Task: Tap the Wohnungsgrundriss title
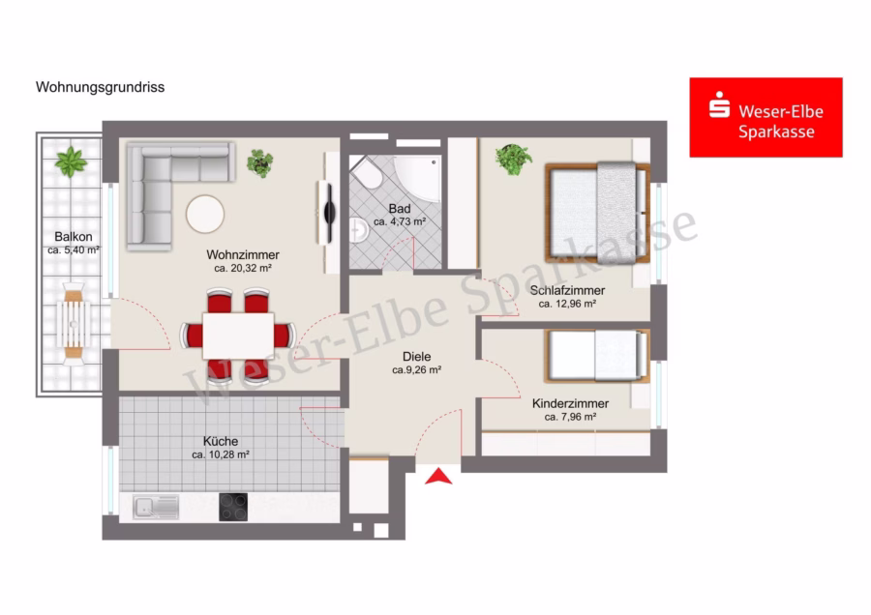[x=100, y=87]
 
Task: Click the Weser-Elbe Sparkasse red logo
[x=766, y=117]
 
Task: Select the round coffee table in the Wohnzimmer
[x=205, y=214]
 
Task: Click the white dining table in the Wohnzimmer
[x=238, y=336]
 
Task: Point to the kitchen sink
[x=156, y=507]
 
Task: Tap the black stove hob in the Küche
[x=233, y=507]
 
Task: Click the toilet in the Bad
[x=367, y=174]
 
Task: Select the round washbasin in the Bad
[x=359, y=229]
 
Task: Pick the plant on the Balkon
[x=71, y=161]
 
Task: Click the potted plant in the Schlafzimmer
[x=513, y=160]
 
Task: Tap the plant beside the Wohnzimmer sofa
[x=259, y=163]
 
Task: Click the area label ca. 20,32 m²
[x=243, y=269]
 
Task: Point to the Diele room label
[x=416, y=357]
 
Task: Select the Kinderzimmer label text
[x=570, y=403]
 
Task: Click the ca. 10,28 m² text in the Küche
[x=221, y=454]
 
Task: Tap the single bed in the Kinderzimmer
[x=597, y=356]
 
